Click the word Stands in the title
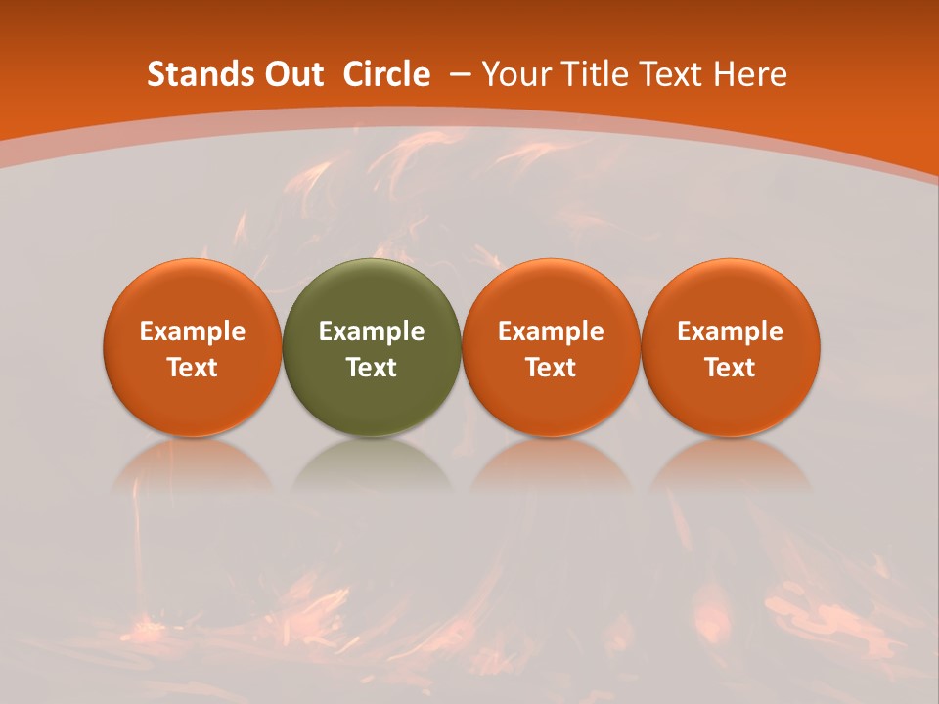pyautogui.click(x=192, y=74)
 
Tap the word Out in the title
pyautogui.click(x=290, y=74)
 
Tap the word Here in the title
pyautogui.click(x=750, y=74)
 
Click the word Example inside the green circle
pyautogui.click(x=372, y=331)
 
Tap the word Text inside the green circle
pyautogui.click(x=372, y=368)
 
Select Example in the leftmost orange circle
pyautogui.click(x=192, y=331)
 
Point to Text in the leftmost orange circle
pyautogui.click(x=192, y=368)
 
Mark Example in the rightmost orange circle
pyautogui.click(x=730, y=331)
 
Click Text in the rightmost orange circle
pyautogui.click(x=730, y=368)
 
